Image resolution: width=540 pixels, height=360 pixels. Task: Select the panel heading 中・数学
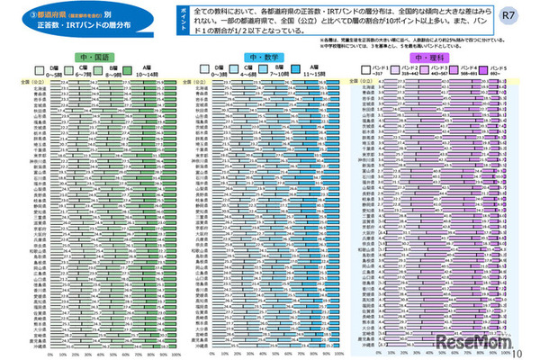[261, 57]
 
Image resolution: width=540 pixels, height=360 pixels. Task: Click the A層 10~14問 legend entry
[146, 71]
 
